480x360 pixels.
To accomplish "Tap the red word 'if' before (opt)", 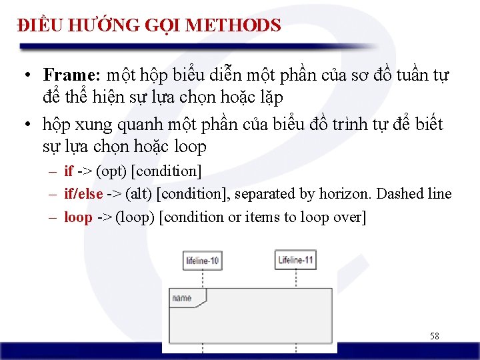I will pos(69,171).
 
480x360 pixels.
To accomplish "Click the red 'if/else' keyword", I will pos(83,194).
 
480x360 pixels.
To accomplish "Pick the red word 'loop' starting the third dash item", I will pos(78,217).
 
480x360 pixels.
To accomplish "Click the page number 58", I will pos(434,337).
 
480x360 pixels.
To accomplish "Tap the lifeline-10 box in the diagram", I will pos(203,261).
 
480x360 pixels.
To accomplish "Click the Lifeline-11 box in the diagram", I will pos(296,260).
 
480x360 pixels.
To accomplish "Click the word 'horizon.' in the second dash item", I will pos(346,194).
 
